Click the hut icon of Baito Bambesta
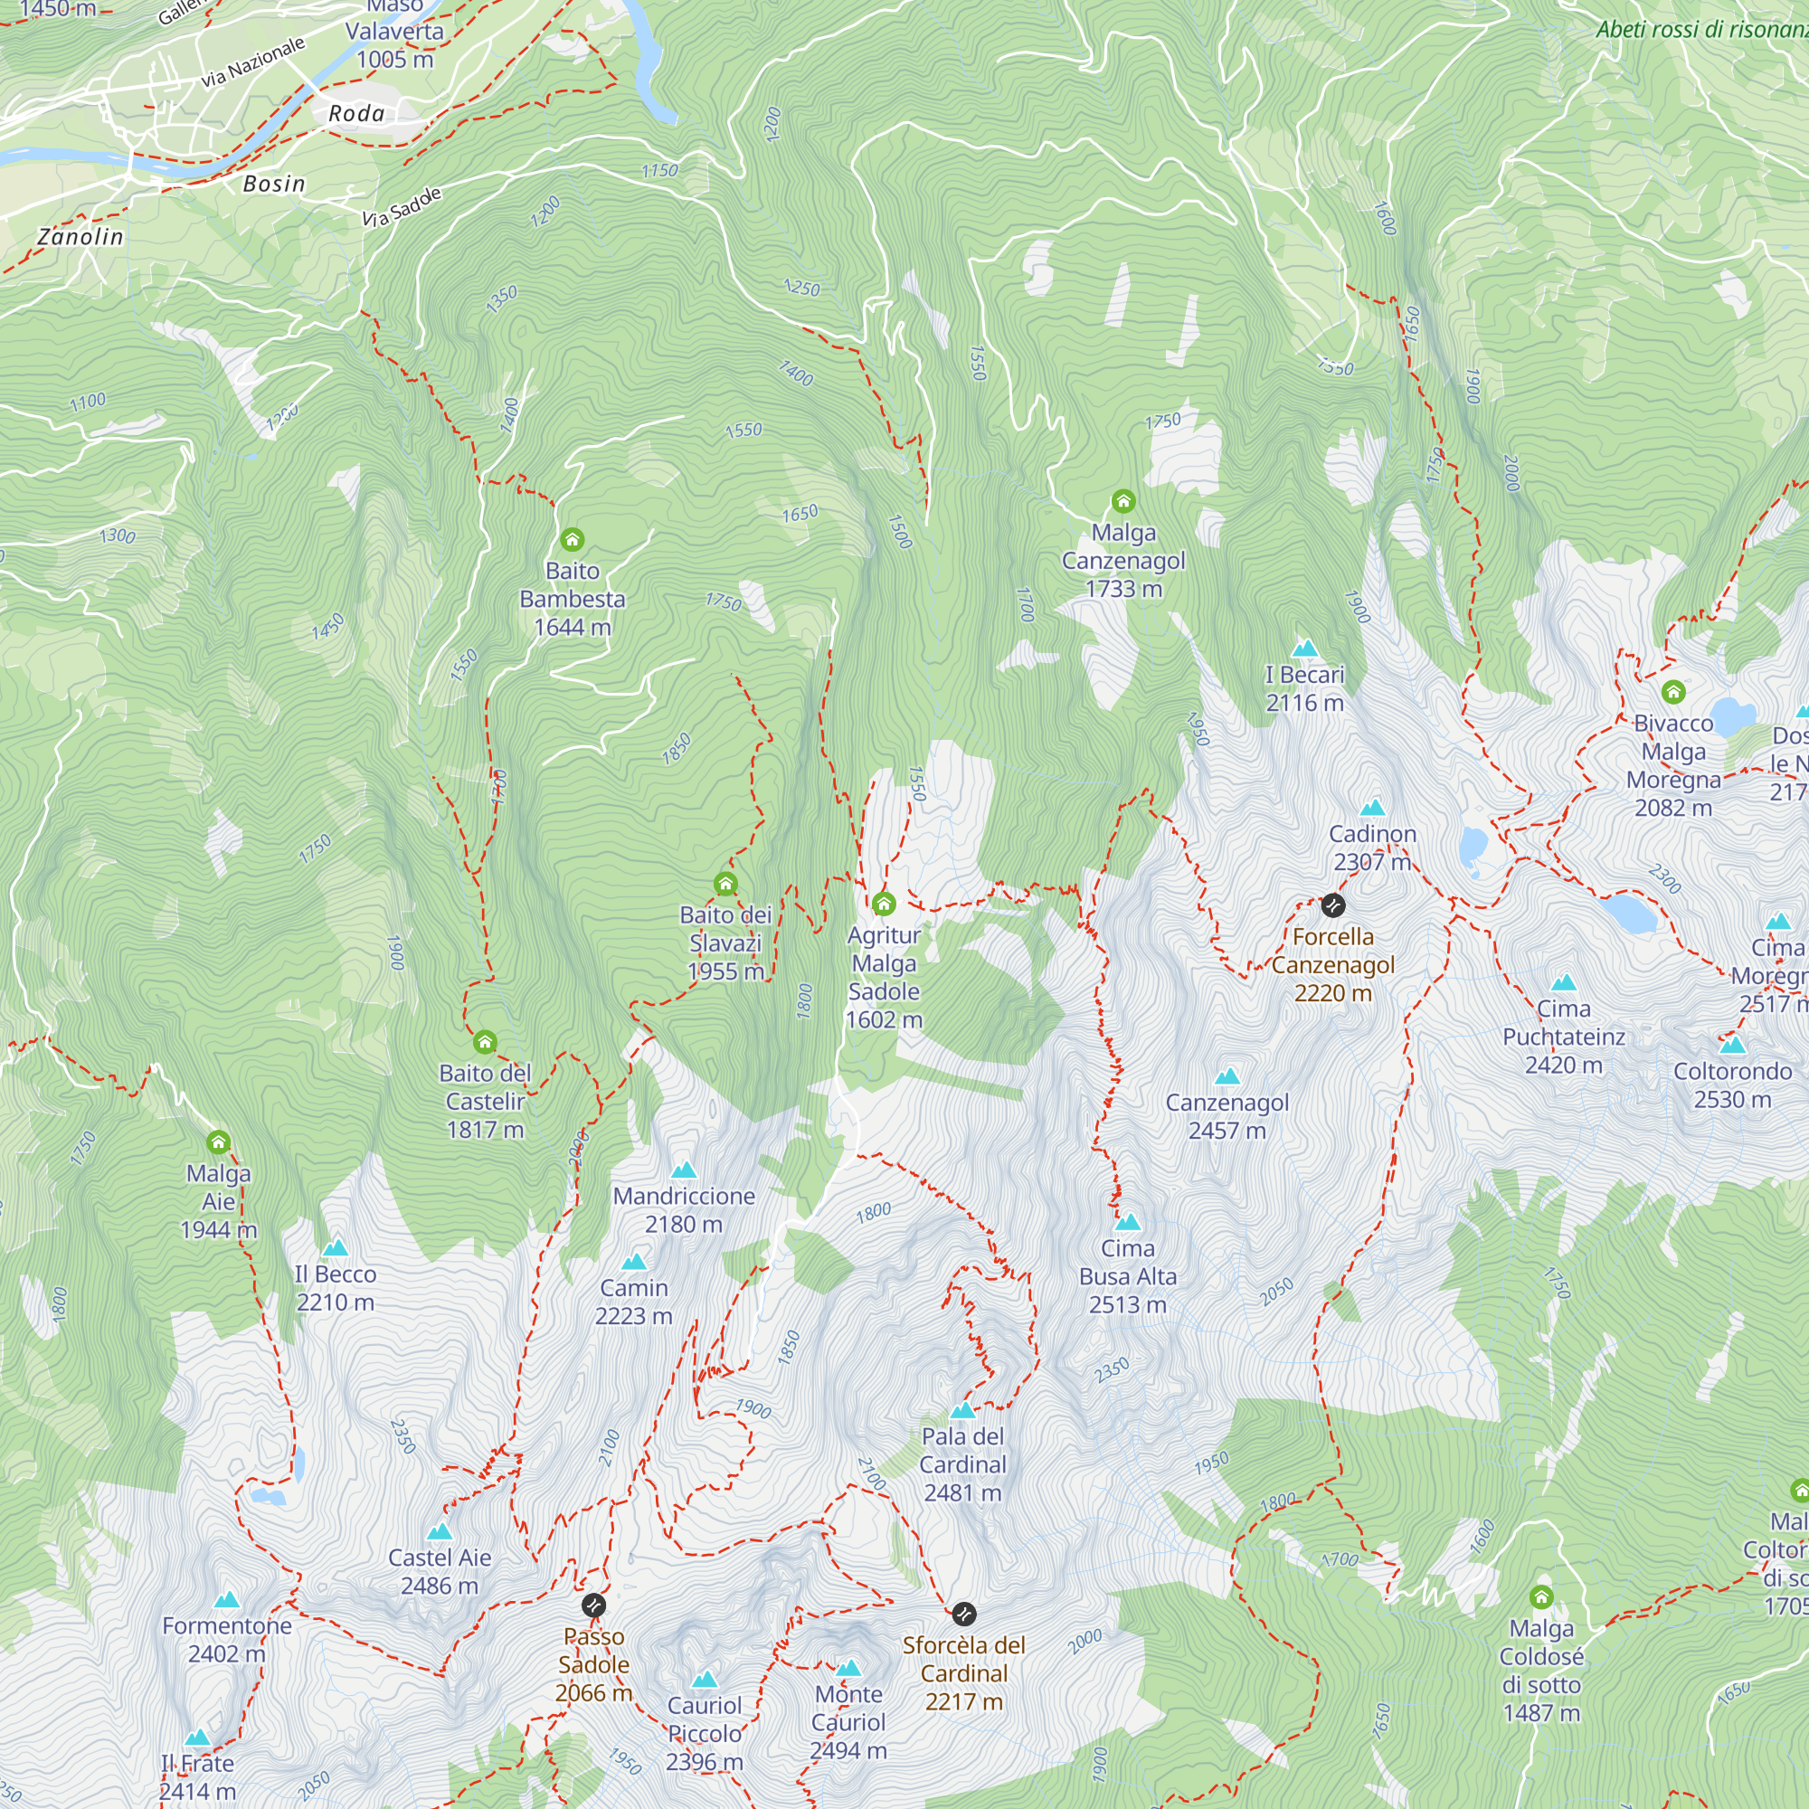(x=573, y=539)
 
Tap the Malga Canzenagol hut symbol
(x=1122, y=501)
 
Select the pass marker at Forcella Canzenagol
(x=1332, y=905)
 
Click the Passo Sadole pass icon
(x=592, y=1605)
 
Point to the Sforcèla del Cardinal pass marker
(x=963, y=1615)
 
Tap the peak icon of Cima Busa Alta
(x=1127, y=1223)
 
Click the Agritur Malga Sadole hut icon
(x=883, y=904)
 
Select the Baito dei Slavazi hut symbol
(x=725, y=884)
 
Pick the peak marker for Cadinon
(x=1372, y=808)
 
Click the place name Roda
(x=355, y=114)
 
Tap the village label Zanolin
(x=81, y=237)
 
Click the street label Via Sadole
(x=402, y=208)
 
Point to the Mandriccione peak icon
(x=684, y=1170)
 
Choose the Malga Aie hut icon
(x=218, y=1142)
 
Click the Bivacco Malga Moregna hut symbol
(x=1672, y=692)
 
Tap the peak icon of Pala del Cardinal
(x=961, y=1411)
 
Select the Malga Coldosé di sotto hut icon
(x=1540, y=1596)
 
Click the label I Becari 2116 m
(x=1304, y=688)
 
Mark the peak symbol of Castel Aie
(x=440, y=1533)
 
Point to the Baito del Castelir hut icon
(x=484, y=1042)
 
